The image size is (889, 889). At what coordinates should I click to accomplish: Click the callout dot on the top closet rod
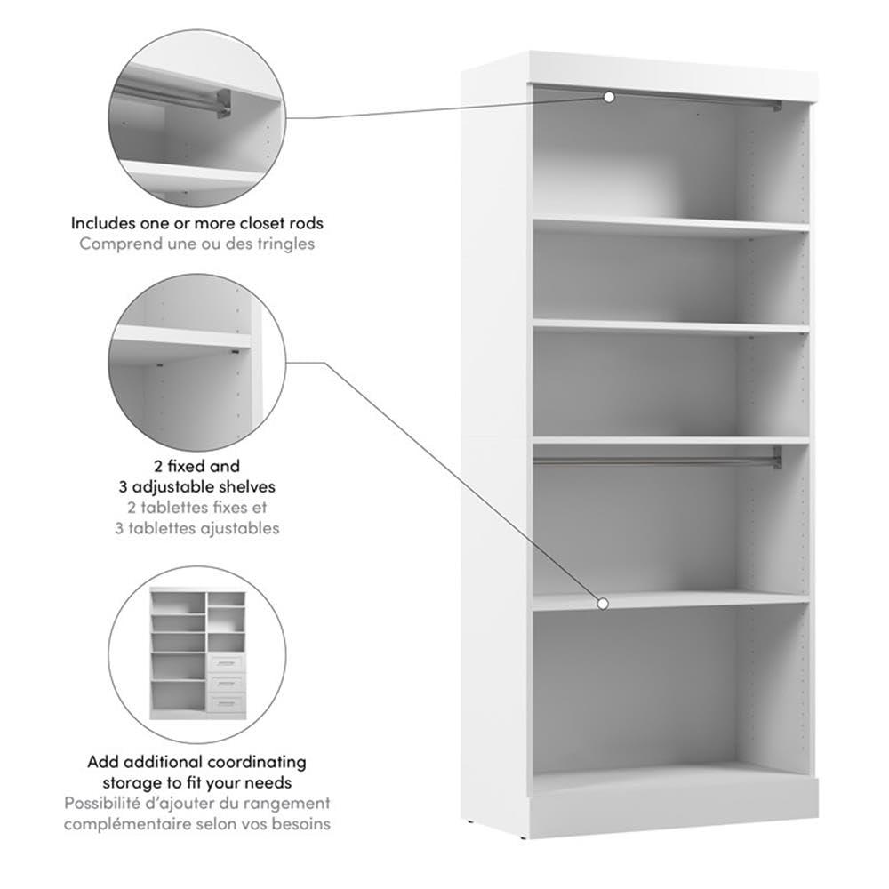[x=609, y=96]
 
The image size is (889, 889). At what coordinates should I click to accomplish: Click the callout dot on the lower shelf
[x=603, y=604]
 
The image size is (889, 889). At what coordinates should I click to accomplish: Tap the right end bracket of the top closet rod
[x=776, y=106]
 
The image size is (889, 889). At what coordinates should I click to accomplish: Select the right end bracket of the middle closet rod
[x=776, y=458]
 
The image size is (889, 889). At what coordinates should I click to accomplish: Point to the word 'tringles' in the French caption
[x=286, y=243]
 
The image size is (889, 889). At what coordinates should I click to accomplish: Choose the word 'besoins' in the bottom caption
[x=304, y=824]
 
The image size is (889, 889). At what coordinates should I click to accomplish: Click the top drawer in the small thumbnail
[x=226, y=662]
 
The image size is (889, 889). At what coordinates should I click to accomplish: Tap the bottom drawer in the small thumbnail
[x=226, y=705]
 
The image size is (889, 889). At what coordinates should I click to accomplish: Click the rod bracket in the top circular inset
[x=222, y=103]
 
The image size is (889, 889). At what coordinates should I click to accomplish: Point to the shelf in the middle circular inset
[x=181, y=337]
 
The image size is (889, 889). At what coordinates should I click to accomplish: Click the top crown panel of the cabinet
[x=671, y=71]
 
